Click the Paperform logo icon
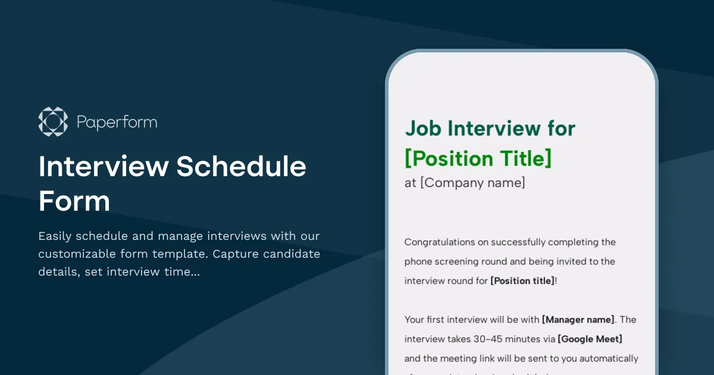pos(53,121)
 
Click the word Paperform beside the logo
pos(117,123)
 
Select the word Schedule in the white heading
pos(241,167)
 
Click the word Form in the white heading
pos(74,201)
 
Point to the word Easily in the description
pos(55,236)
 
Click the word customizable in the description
pos(79,254)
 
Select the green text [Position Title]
pos(478,159)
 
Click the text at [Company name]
pos(465,183)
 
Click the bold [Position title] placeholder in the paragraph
pos(522,280)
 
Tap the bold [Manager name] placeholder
pos(578,320)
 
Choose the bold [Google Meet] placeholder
pos(590,339)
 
